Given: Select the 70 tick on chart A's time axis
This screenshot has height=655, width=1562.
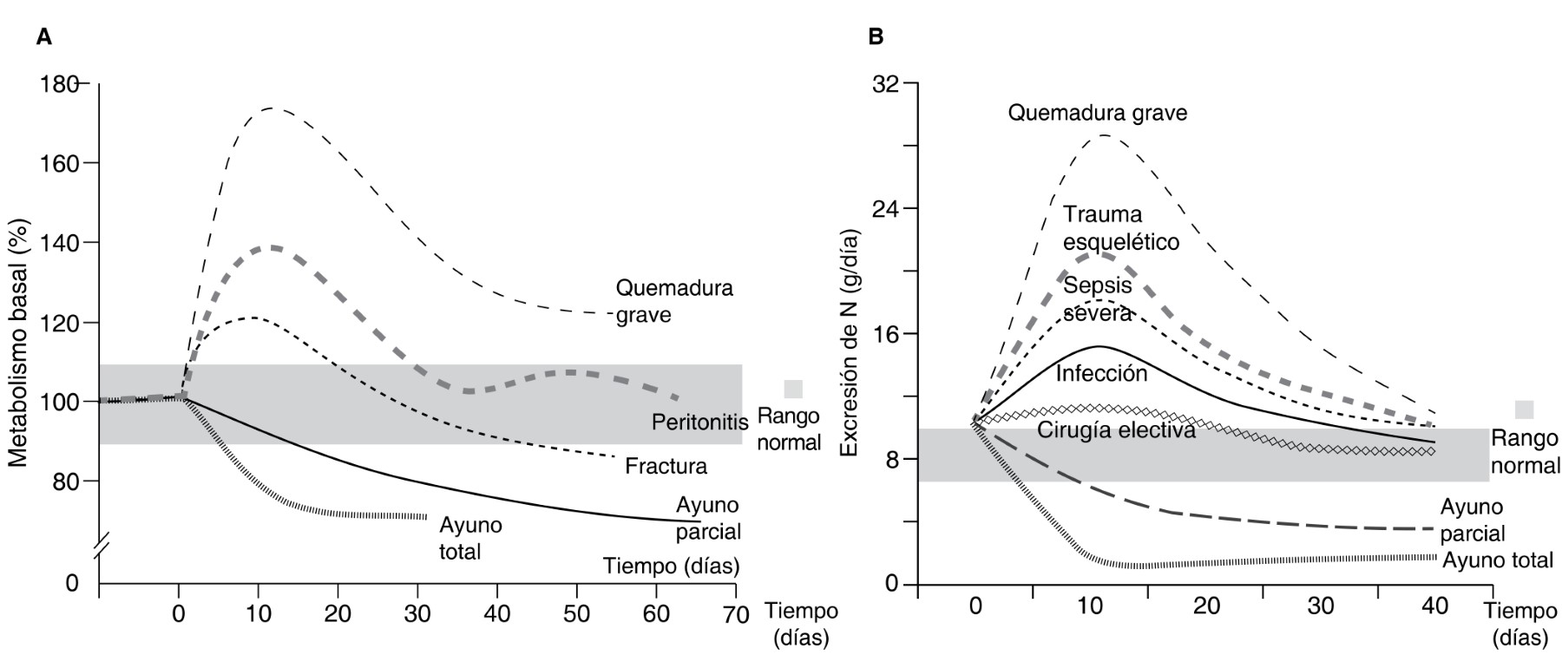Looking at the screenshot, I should tap(735, 615).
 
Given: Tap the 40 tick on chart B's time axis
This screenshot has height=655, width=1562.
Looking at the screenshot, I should tap(1435, 606).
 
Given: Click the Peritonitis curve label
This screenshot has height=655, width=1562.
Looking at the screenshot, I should tap(700, 422).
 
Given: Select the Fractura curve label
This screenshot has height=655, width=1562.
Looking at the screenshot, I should tap(666, 467).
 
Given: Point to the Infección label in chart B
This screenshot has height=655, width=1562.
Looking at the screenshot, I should tap(1101, 374).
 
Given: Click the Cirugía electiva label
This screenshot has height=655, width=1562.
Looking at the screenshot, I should tap(1116, 429).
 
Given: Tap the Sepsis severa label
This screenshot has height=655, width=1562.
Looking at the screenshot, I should tap(1097, 298).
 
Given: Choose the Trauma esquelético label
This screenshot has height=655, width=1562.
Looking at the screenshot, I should tap(1120, 227).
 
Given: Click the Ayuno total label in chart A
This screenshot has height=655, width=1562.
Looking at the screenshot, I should tap(470, 538).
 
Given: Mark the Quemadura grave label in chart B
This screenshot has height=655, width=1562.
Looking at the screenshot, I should tap(1097, 113).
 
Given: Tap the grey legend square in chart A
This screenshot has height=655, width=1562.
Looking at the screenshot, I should tap(793, 389).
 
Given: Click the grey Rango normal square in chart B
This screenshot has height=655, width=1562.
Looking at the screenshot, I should tap(1524, 409).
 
